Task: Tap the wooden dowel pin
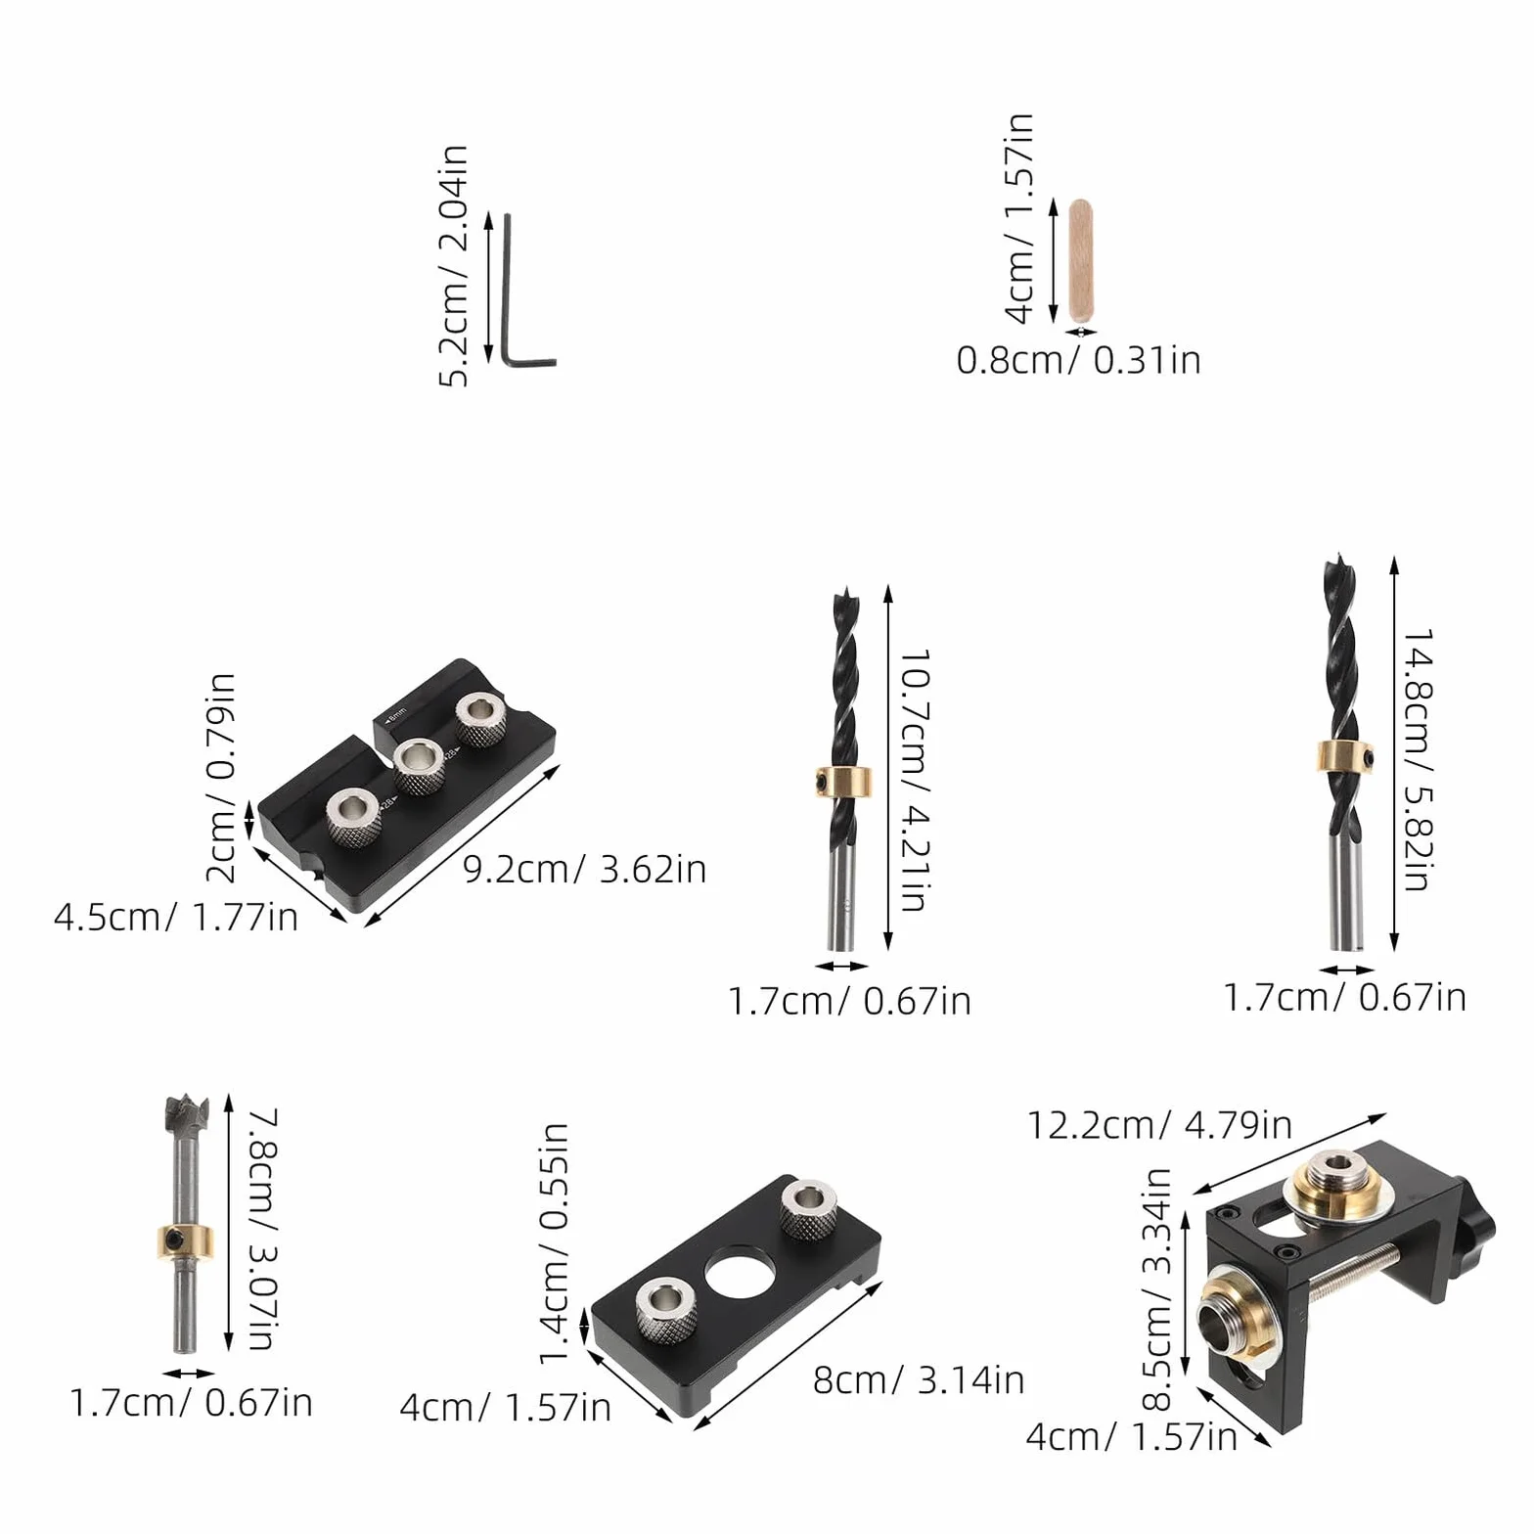coord(1080,260)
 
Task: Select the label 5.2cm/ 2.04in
coord(453,266)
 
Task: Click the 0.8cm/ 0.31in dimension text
coord(1078,360)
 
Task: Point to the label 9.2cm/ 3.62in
coord(584,869)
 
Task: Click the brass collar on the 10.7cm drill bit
coord(844,783)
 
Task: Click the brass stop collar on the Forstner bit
coord(184,1241)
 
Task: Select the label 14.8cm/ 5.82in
coord(1418,759)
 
